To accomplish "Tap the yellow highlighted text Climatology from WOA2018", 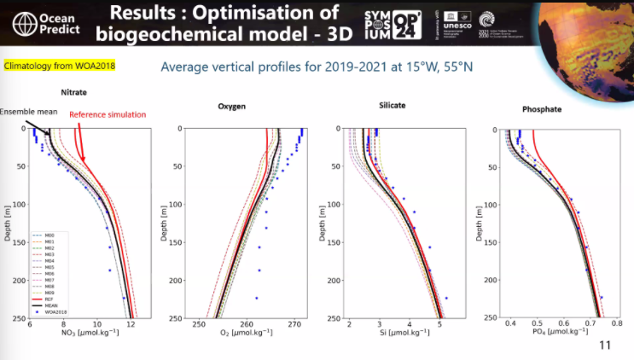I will tap(59, 66).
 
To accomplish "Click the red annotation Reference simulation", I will tap(108, 115).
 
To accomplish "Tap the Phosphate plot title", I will tap(543, 110).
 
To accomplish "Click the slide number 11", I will tap(605, 345).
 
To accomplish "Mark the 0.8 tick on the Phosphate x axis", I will tap(618, 325).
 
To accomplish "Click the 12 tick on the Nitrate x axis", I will tap(130, 325).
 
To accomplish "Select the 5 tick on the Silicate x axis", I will tap(439, 325).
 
